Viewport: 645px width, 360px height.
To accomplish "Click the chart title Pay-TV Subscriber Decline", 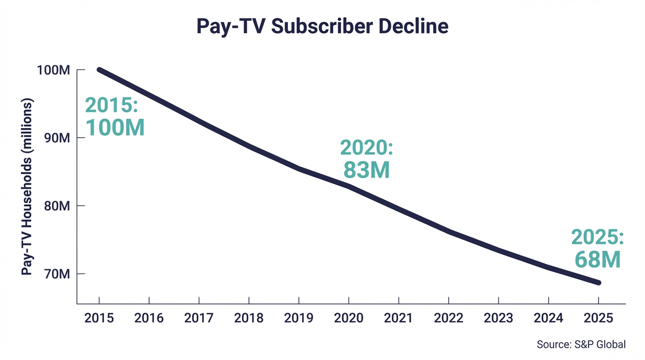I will pos(322,26).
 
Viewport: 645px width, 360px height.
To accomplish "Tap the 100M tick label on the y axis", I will pos(53,70).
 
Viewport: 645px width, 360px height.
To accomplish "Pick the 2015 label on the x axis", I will pos(99,318).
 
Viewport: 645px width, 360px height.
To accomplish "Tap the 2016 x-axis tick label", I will pos(149,318).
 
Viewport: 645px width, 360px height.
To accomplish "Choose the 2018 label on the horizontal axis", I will pos(249,318).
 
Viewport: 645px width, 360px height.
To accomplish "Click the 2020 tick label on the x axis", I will pos(349,318).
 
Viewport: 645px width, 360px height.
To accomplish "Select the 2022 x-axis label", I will pos(449,318).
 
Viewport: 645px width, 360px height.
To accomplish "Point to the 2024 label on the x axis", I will pos(548,318).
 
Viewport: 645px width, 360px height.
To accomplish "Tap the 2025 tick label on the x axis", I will pos(599,318).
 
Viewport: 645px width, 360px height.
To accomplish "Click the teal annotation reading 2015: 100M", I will pos(114,117).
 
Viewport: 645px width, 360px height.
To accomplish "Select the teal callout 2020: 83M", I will pos(366,159).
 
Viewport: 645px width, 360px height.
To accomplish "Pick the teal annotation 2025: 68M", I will pos(597,249).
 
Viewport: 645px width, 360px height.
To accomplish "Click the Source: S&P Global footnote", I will pos(581,345).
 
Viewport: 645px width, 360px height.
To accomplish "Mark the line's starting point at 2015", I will pos(99,70).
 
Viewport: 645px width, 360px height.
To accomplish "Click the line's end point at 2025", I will pos(598,283).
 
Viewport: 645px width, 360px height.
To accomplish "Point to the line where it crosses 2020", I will pos(349,186).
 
